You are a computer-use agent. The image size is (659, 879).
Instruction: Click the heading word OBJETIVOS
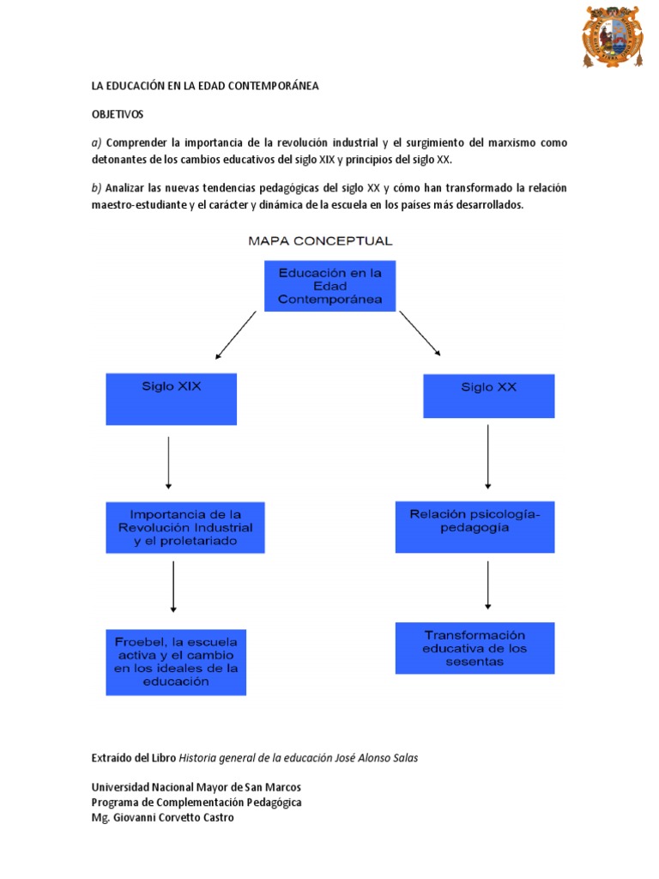(118, 113)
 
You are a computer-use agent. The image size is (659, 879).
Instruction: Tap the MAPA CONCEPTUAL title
(320, 241)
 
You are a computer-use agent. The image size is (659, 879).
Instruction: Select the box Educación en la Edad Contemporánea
(329, 286)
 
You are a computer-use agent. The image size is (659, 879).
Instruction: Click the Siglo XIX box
(172, 398)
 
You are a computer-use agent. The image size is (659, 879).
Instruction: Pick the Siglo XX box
(489, 396)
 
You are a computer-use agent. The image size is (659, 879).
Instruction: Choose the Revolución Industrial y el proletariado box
(185, 527)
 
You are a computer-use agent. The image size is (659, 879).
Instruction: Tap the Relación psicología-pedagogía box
(475, 526)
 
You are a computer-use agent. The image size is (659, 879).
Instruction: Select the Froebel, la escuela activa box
(176, 661)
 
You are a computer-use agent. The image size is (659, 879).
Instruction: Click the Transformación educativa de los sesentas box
(475, 648)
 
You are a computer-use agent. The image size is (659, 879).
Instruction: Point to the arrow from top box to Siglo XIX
(236, 335)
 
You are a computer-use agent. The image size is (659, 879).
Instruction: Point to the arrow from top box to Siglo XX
(420, 333)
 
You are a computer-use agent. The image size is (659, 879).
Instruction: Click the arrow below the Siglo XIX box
(169, 464)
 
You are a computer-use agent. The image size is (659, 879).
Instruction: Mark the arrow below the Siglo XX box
(488, 458)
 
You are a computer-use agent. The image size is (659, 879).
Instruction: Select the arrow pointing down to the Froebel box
(174, 587)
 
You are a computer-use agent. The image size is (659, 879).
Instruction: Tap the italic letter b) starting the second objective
(97, 188)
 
